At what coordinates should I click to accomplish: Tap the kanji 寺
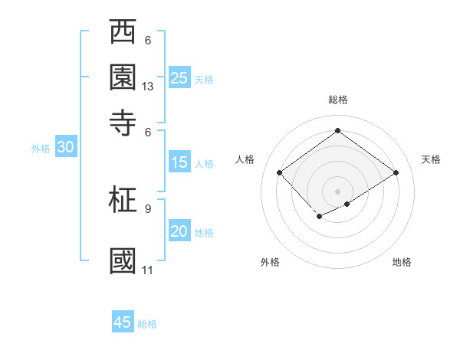[123, 123]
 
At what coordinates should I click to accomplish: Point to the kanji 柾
[123, 199]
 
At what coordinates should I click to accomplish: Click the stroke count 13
[148, 87]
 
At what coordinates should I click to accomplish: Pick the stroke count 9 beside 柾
[148, 208]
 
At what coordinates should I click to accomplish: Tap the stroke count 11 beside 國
[148, 270]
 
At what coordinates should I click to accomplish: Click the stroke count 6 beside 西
[148, 41]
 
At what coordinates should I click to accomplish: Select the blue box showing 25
[179, 77]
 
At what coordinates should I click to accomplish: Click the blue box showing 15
[179, 162]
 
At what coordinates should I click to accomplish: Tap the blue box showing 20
[179, 232]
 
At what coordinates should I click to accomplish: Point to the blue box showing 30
[64, 148]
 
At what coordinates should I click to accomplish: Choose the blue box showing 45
[123, 322]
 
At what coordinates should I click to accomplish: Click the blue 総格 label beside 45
[147, 324]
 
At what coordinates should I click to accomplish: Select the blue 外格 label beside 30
[41, 149]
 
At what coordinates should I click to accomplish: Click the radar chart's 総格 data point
[337, 130]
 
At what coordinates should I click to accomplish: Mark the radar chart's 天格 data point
[396, 173]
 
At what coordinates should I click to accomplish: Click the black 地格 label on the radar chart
[402, 263]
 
